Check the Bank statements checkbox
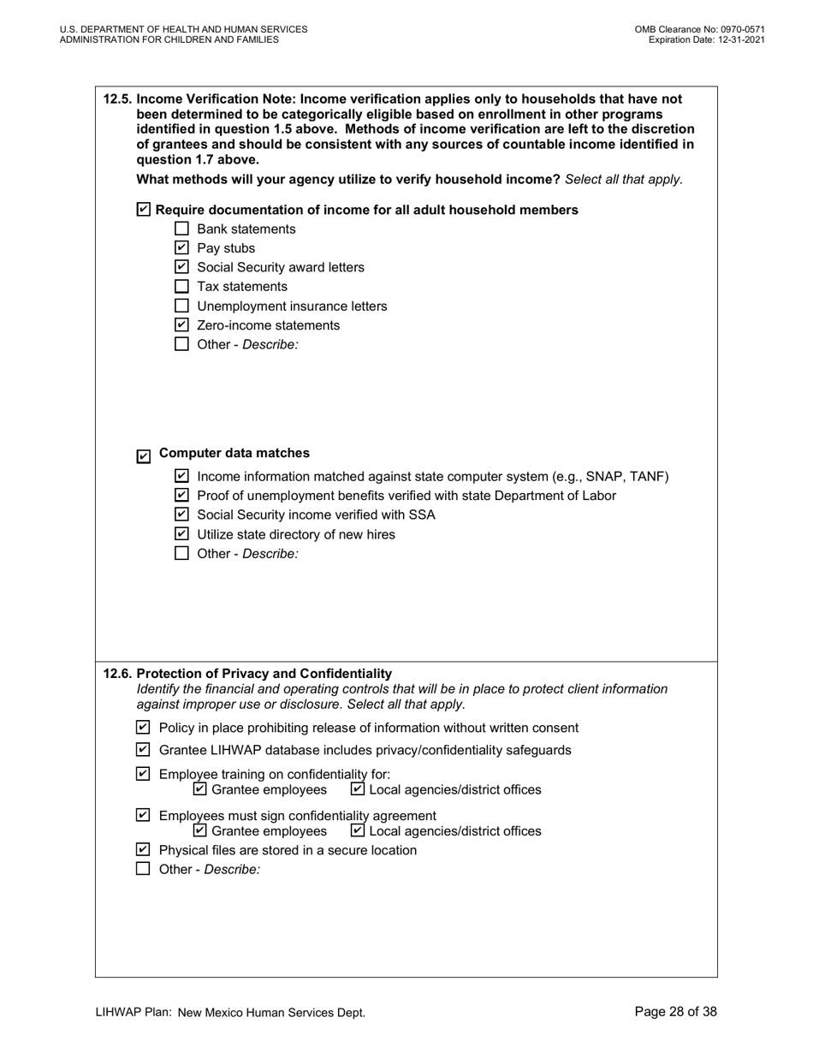(x=181, y=229)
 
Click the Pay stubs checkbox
(x=181, y=248)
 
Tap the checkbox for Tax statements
(x=181, y=287)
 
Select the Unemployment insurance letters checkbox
(x=181, y=306)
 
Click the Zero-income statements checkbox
(x=181, y=325)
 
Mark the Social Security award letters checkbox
(x=181, y=267)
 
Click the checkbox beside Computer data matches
(x=144, y=457)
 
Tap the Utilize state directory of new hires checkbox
(x=181, y=534)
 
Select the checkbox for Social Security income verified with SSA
(x=181, y=515)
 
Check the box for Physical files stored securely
(x=144, y=850)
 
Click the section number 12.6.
(x=117, y=674)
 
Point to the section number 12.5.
(x=117, y=98)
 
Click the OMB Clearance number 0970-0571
(x=741, y=29)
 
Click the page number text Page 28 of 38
(x=675, y=1012)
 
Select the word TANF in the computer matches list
(x=649, y=477)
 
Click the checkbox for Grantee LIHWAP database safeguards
(x=144, y=750)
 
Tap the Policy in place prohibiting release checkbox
(x=144, y=728)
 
